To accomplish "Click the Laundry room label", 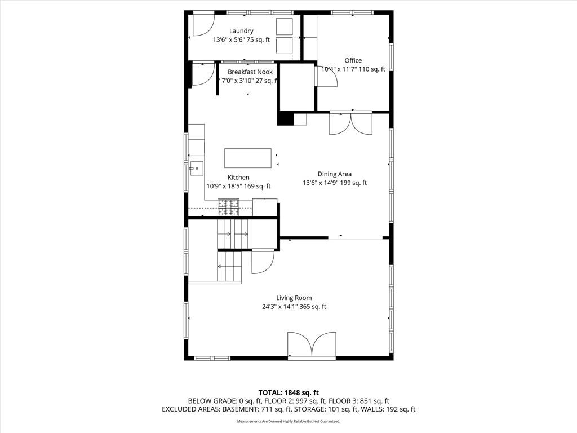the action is coord(241,31).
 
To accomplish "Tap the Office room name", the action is coord(353,60).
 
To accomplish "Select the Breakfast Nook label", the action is coord(250,72).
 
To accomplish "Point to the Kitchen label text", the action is coord(238,178).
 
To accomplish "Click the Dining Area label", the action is coord(335,174).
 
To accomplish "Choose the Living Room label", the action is coord(294,298).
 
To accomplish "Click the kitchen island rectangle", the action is coord(248,158).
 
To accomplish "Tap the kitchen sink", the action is coord(197,168).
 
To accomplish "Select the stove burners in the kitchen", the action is coord(228,207).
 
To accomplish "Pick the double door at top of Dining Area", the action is coord(350,123).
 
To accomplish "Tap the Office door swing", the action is coord(327,76).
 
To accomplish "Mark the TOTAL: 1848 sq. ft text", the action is coord(288,392).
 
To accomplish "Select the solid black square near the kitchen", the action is coord(285,119).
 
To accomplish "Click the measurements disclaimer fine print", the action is coord(288,421).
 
